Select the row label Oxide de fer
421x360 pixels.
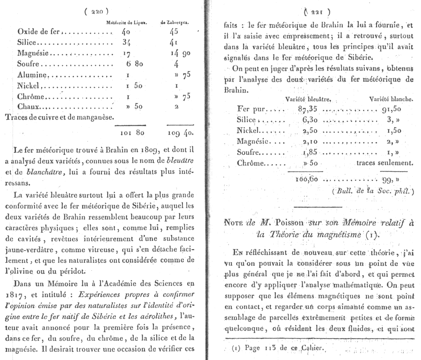click(x=38, y=32)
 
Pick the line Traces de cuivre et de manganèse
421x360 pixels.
click(x=59, y=117)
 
